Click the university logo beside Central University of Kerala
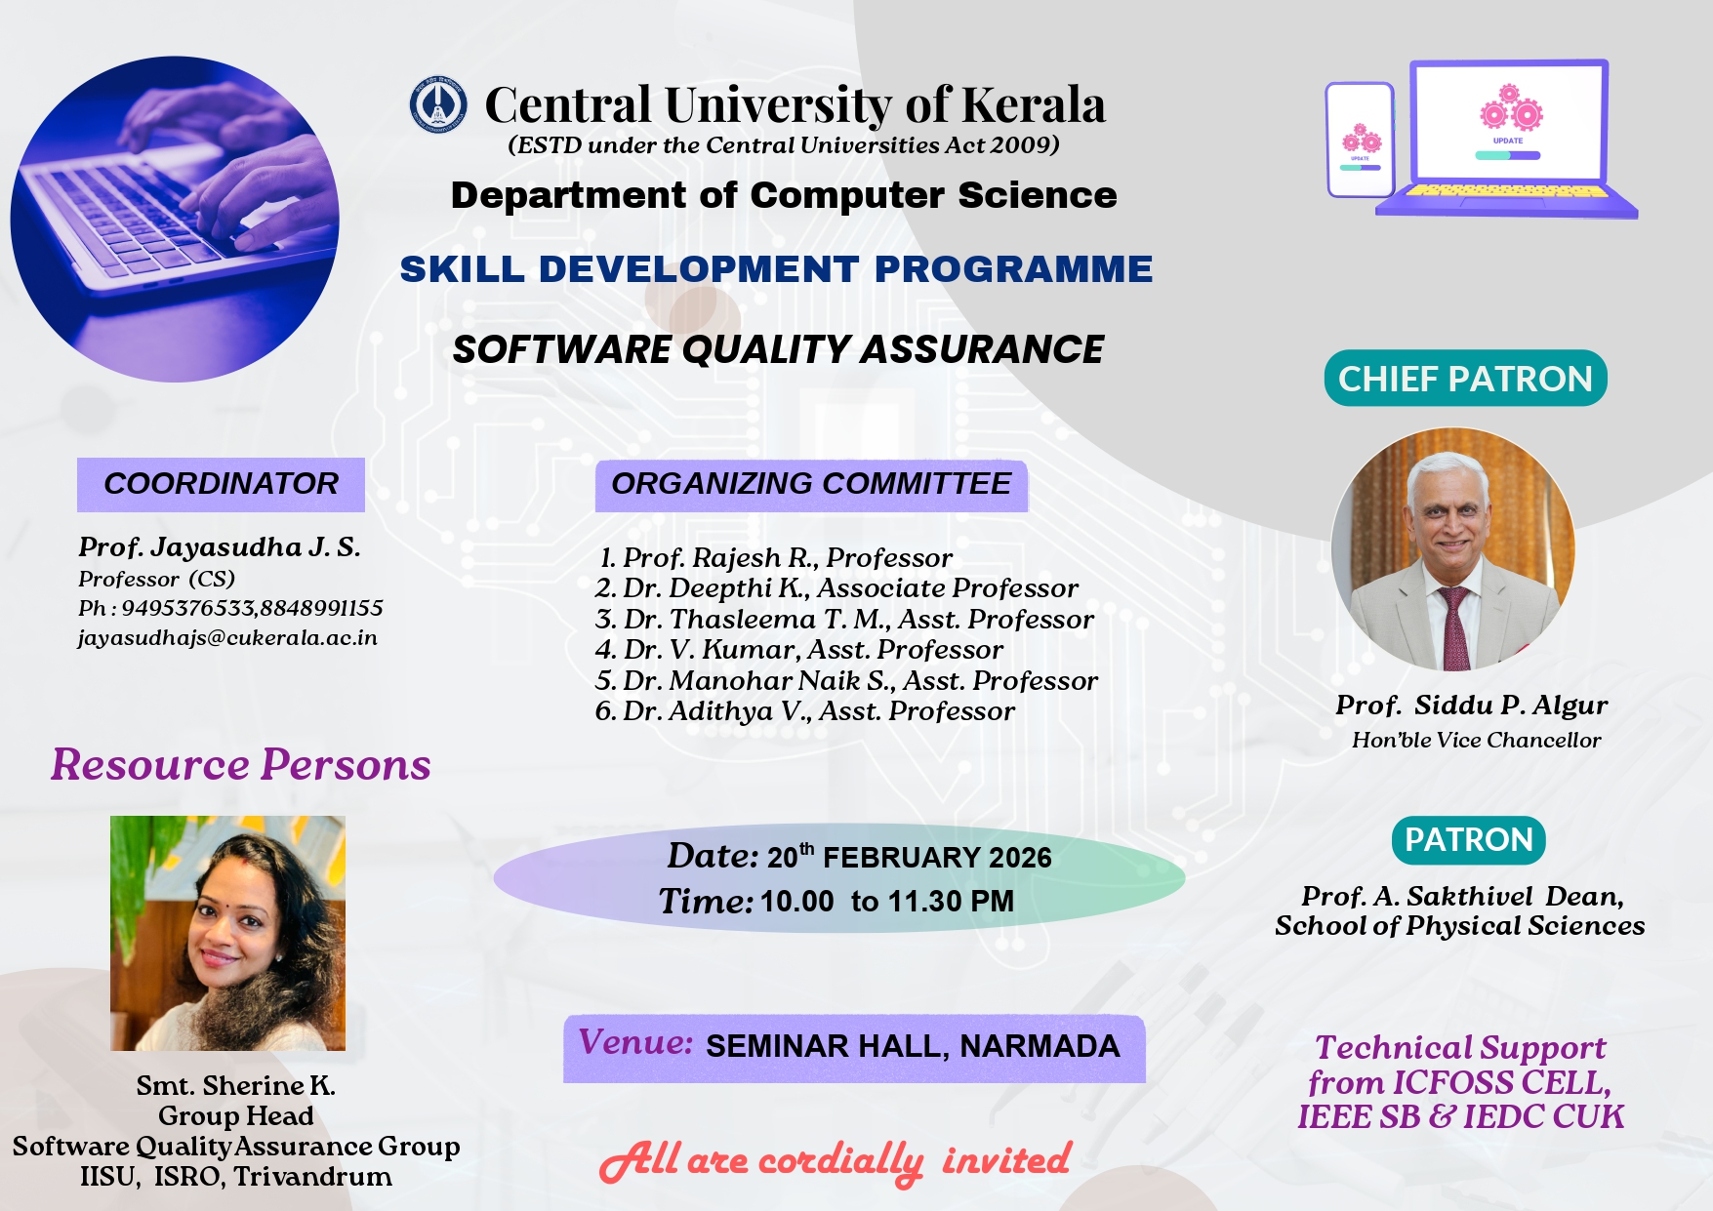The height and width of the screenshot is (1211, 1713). [x=437, y=104]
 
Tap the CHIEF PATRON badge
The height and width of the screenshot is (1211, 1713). [x=1465, y=379]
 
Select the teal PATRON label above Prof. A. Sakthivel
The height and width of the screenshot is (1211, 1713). [x=1468, y=840]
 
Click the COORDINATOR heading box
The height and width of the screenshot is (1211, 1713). [x=221, y=484]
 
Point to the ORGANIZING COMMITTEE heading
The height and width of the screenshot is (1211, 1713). [x=811, y=485]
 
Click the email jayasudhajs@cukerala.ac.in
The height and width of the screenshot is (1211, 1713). [x=227, y=638]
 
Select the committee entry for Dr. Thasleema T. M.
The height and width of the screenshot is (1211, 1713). [x=844, y=620]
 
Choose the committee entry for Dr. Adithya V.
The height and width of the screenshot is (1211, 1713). [x=805, y=711]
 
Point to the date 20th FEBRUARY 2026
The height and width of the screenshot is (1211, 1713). [x=909, y=857]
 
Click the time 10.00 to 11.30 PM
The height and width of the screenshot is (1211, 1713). [x=887, y=902]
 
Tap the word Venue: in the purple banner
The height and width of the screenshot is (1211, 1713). [x=635, y=1043]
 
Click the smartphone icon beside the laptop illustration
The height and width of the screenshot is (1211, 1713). [x=1360, y=140]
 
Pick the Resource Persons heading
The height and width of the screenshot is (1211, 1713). [x=241, y=764]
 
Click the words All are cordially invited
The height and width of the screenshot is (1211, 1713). [x=836, y=1161]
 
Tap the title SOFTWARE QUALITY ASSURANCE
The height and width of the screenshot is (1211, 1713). [x=778, y=349]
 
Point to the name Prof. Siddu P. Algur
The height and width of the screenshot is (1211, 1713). [x=1472, y=706]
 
